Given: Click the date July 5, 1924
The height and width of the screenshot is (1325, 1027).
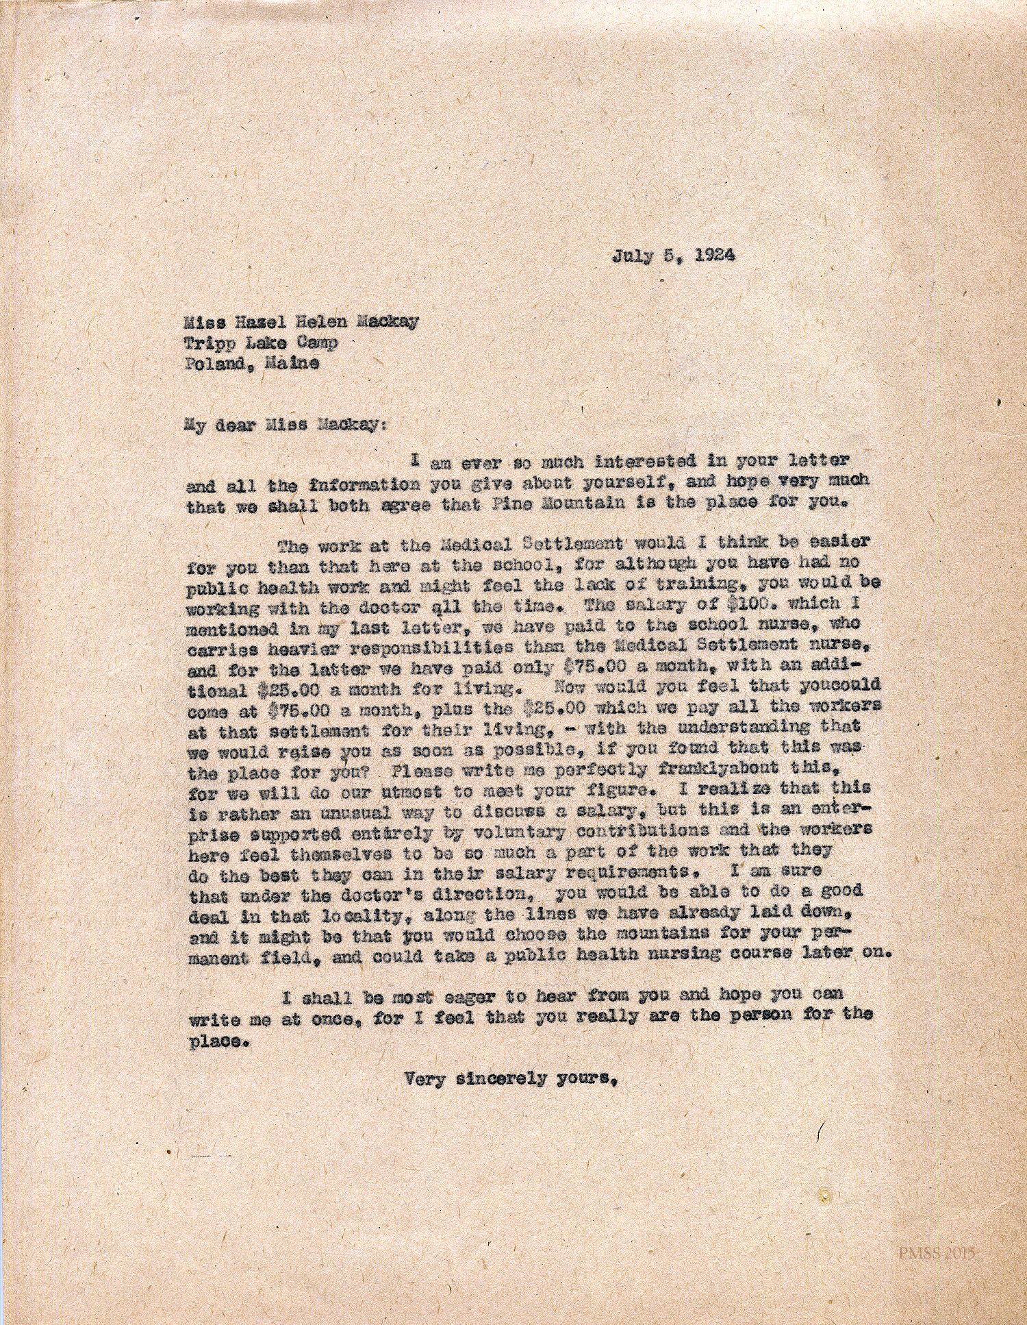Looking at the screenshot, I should [x=674, y=256].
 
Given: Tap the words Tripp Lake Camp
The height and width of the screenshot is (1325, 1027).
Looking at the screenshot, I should [x=262, y=343].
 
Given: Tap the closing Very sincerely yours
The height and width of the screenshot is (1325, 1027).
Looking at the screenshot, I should [x=512, y=1080].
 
